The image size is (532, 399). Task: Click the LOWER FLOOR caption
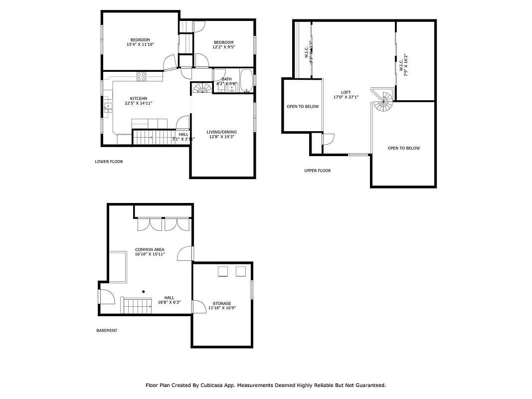(x=109, y=162)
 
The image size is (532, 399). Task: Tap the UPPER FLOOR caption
(x=317, y=171)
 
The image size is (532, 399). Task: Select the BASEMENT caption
(x=106, y=330)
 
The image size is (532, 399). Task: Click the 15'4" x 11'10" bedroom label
(x=140, y=42)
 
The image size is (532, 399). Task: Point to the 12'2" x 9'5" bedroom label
(x=224, y=45)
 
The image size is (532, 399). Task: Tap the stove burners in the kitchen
(x=142, y=77)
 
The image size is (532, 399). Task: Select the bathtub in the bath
(x=246, y=81)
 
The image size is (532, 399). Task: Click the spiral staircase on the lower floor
(x=202, y=89)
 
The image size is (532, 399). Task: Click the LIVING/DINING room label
(x=221, y=134)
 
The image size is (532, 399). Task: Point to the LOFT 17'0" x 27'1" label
(x=346, y=95)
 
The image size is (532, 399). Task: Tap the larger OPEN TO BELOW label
(x=403, y=148)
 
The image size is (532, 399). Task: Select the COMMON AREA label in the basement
(x=150, y=252)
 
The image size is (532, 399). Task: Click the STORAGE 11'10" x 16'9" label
(x=221, y=305)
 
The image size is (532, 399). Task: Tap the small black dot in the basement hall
(x=144, y=291)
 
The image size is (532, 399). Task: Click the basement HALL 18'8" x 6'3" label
(x=169, y=300)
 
